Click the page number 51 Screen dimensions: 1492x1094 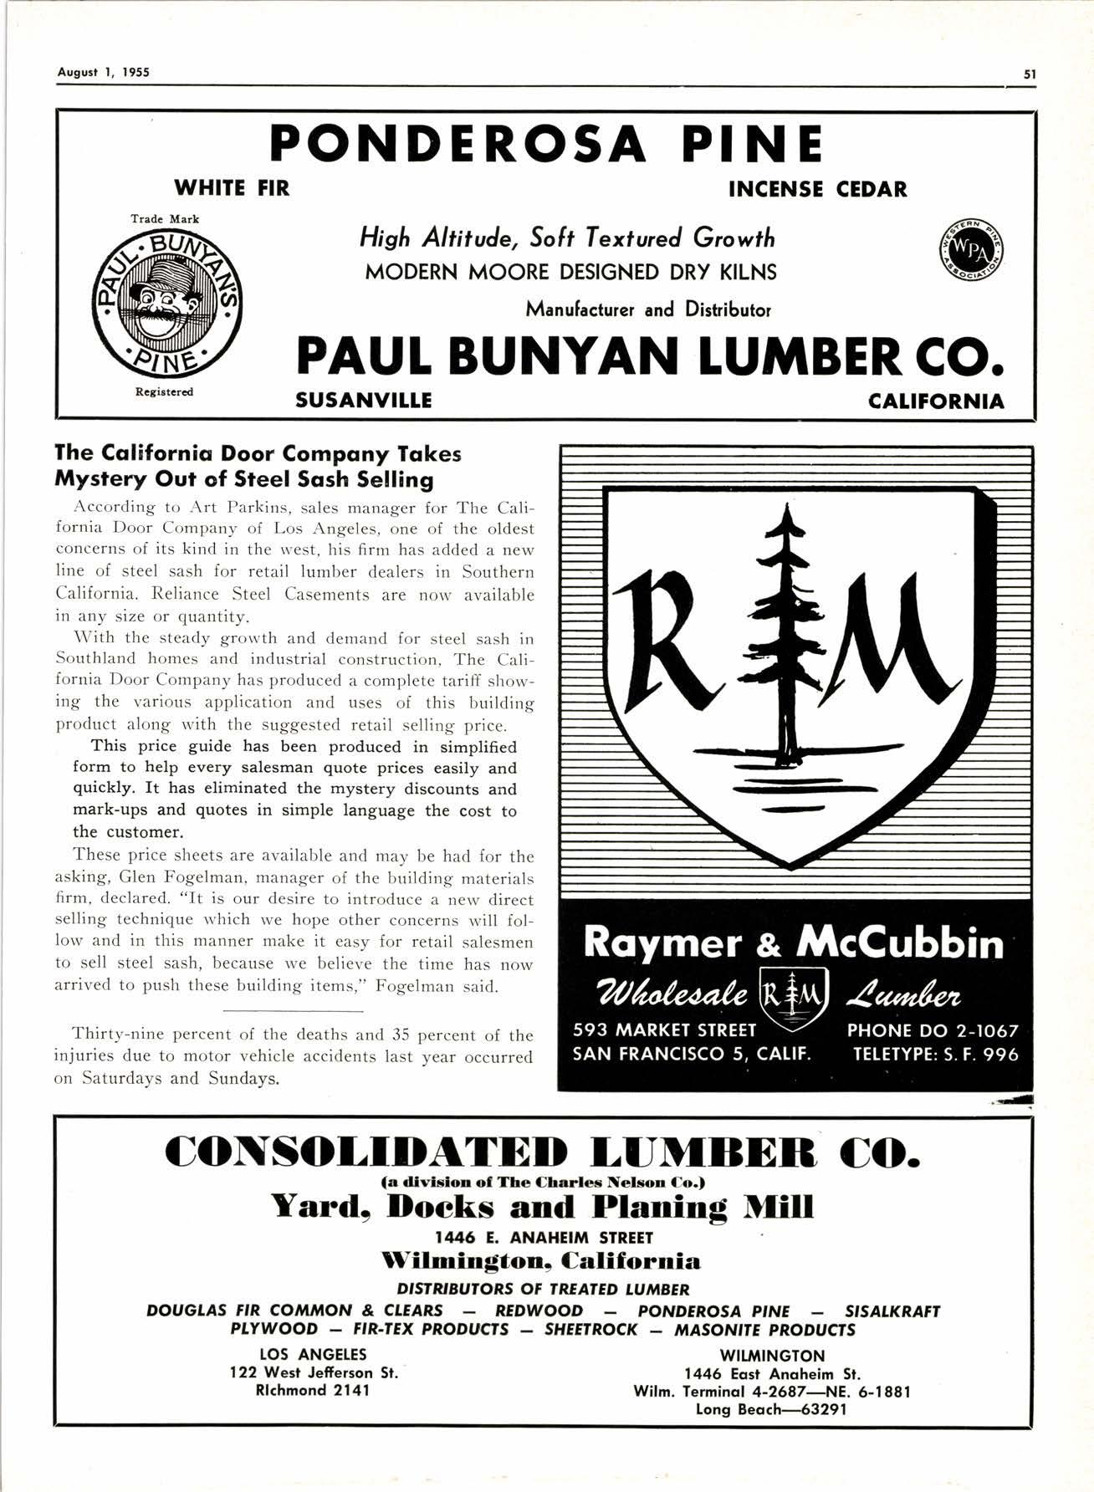[1030, 73]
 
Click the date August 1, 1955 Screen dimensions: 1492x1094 [103, 72]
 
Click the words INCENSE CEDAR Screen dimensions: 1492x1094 [817, 189]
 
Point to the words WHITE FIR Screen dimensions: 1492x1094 [231, 188]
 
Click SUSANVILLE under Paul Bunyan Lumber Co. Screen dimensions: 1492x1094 [364, 401]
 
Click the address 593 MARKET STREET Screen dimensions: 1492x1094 [664, 1031]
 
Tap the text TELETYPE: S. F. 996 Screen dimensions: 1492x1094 [935, 1055]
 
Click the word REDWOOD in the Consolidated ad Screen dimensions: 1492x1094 [539, 1311]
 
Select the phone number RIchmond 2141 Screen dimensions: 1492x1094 [313, 1390]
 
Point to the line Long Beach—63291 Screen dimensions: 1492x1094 [771, 1409]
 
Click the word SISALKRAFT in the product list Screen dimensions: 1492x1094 [892, 1311]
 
